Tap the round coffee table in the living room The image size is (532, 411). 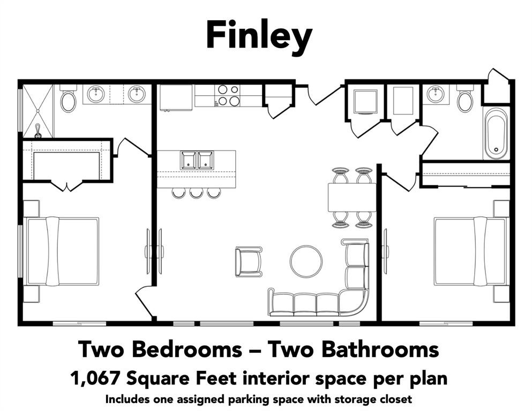[306, 261]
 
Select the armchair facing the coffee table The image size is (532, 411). [249, 261]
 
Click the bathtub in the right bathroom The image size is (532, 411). [496, 134]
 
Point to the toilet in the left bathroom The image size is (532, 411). [68, 100]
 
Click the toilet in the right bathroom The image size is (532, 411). [465, 100]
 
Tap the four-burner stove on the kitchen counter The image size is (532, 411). [228, 95]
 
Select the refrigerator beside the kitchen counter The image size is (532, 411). [176, 97]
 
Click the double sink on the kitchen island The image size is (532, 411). [197, 160]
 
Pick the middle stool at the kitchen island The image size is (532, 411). [196, 193]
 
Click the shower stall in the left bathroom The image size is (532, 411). [38, 111]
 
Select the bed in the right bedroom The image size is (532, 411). [470, 250]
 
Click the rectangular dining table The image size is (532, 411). [351, 197]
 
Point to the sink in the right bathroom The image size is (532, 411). [436, 95]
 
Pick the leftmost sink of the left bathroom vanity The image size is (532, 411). [96, 95]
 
